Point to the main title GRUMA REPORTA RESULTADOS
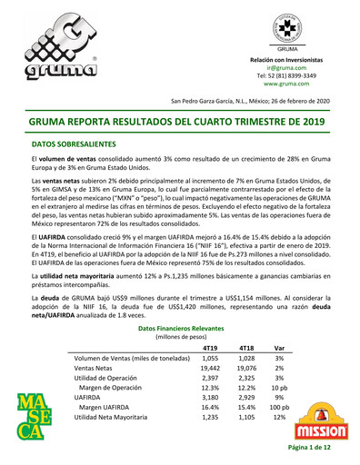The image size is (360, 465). (179, 120)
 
